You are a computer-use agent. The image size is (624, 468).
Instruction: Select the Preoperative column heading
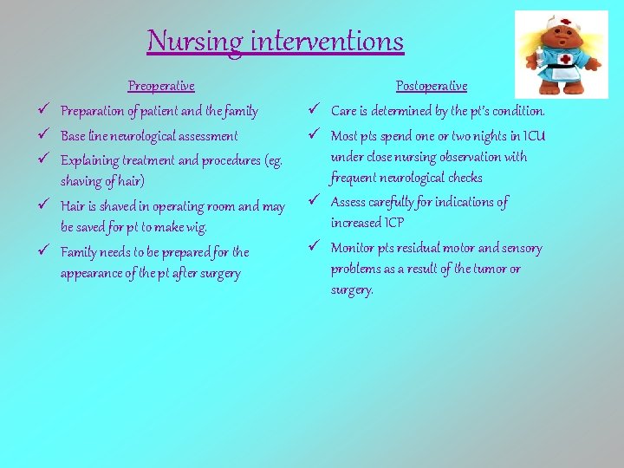tap(161, 86)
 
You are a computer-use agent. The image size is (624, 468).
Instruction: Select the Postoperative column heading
tap(431, 86)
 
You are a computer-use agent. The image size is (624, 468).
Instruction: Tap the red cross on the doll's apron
tap(565, 60)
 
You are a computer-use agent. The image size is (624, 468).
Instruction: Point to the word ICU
tap(534, 136)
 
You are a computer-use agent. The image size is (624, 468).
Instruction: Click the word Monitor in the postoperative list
tap(351, 249)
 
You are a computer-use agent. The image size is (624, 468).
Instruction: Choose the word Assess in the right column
tap(348, 203)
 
